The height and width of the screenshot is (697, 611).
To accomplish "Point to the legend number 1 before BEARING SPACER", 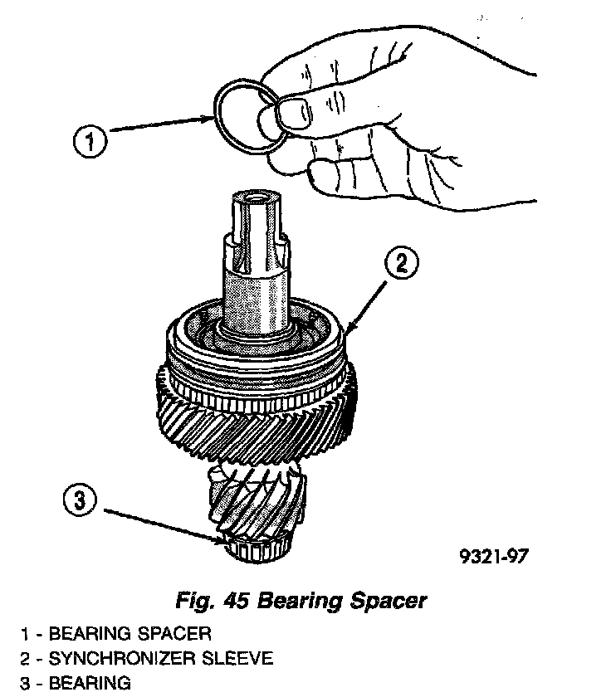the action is pos(27,635).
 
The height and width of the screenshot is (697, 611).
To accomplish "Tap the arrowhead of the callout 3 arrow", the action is pos(222,542).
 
